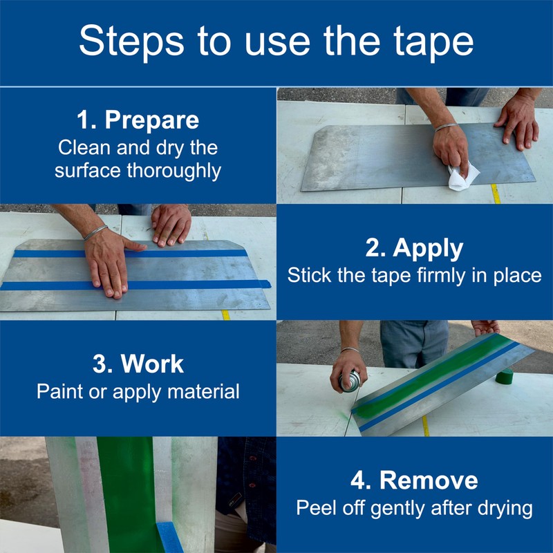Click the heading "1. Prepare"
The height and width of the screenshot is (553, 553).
click(138, 120)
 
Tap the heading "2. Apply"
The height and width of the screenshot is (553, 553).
click(414, 248)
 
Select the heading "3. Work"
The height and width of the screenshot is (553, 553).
click(138, 364)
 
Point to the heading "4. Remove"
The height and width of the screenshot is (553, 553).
click(414, 480)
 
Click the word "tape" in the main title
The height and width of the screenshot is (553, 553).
click(434, 41)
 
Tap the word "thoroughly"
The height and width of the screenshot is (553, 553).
click(174, 171)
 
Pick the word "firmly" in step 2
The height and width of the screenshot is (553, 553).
click(441, 275)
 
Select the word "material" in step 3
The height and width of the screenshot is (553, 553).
click(203, 391)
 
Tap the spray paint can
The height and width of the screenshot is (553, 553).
click(350, 381)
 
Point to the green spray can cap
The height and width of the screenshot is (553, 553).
click(505, 377)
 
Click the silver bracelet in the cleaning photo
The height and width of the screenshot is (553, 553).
click(446, 127)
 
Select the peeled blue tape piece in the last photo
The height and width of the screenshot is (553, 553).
click(169, 537)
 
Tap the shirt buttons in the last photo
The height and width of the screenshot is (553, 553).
click(252, 473)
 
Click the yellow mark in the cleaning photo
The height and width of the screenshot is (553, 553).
click(496, 194)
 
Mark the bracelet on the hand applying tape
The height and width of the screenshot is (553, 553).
click(95, 233)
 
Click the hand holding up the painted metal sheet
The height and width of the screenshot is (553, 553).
click(486, 328)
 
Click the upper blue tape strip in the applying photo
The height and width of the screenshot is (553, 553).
click(131, 254)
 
